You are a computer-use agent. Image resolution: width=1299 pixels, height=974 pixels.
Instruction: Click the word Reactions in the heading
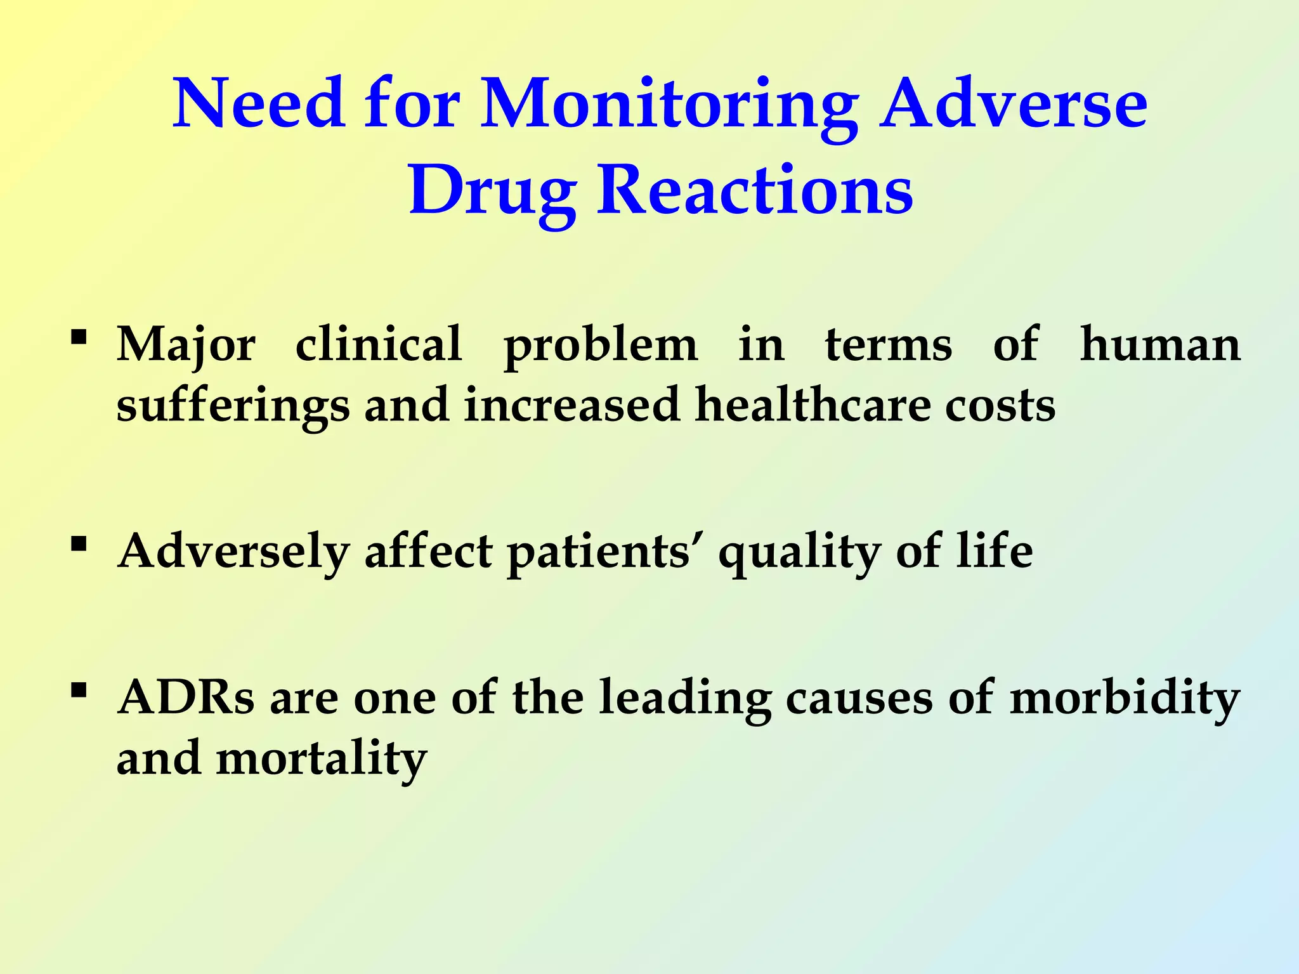tap(755, 190)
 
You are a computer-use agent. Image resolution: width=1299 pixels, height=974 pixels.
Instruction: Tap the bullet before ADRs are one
tap(79, 689)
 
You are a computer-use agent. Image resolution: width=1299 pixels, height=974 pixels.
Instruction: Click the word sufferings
tap(233, 406)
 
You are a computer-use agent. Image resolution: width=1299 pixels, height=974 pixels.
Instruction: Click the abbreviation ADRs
tap(186, 698)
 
